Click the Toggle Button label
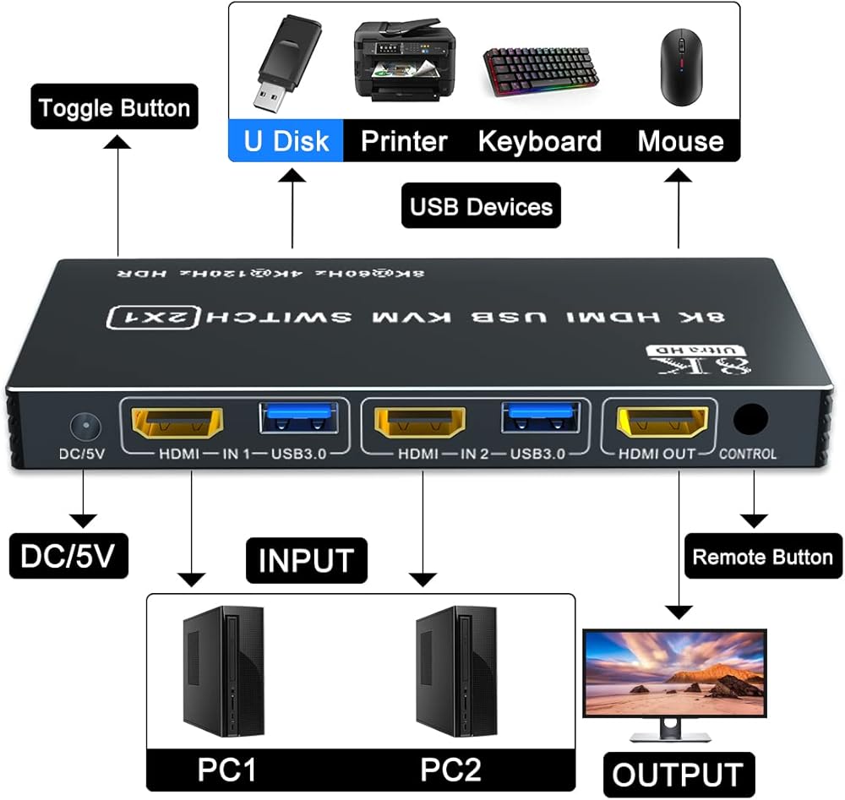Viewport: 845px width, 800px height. click(x=114, y=108)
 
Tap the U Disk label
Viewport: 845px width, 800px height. click(x=286, y=140)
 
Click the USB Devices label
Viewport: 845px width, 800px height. click(x=481, y=206)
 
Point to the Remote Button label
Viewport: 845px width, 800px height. click(x=762, y=557)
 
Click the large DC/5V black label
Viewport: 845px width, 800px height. click(x=68, y=557)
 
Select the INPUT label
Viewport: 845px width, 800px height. click(x=306, y=561)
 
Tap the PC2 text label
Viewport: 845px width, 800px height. click(x=450, y=770)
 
